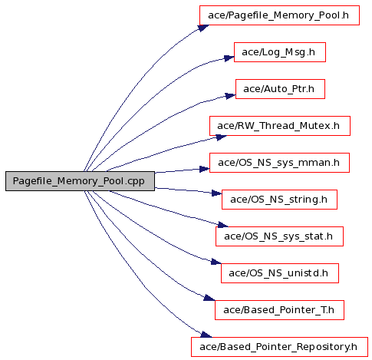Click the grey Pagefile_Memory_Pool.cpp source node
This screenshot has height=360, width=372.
[x=80, y=181]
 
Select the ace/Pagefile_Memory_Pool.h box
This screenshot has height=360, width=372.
[x=279, y=15]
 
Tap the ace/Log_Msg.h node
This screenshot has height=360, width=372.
[x=280, y=52]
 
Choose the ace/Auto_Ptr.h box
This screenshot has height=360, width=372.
[x=280, y=89]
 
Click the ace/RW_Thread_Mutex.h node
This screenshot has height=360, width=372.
[x=280, y=126]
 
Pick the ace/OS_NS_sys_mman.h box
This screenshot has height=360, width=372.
[x=279, y=163]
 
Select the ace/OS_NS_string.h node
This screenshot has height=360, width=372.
[x=279, y=200]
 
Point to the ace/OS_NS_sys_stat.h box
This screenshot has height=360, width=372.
[x=279, y=236]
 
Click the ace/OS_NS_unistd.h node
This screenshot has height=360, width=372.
[x=280, y=273]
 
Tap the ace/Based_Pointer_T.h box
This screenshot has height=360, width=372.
[x=279, y=310]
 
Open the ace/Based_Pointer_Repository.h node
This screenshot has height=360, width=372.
[x=279, y=347]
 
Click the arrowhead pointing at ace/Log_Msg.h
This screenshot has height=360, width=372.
[x=229, y=58]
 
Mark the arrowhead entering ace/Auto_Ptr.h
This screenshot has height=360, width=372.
[x=231, y=96]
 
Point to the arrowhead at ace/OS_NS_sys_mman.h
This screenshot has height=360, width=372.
[x=205, y=169]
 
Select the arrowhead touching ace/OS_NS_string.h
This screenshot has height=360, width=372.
[x=217, y=193]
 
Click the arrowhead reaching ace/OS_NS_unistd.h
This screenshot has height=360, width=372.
[x=216, y=262]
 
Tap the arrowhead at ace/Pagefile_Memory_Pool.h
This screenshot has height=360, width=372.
[x=203, y=28]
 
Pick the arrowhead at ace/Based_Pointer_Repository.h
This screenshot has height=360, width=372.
[x=206, y=335]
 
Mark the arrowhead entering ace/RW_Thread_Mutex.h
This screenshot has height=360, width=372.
[x=222, y=137]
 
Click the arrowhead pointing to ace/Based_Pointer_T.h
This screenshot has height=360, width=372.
[x=209, y=298]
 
